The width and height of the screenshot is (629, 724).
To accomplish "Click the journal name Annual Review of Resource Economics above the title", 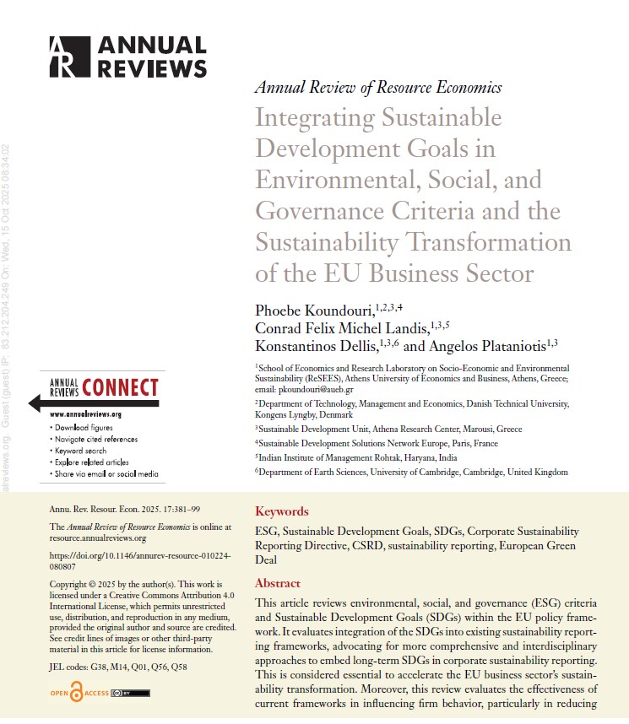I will click(x=378, y=88).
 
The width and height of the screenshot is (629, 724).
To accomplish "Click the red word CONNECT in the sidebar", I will click(x=120, y=387).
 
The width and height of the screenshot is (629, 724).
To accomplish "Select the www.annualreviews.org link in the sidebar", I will click(x=86, y=415).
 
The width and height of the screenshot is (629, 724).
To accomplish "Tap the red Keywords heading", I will click(x=282, y=511).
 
